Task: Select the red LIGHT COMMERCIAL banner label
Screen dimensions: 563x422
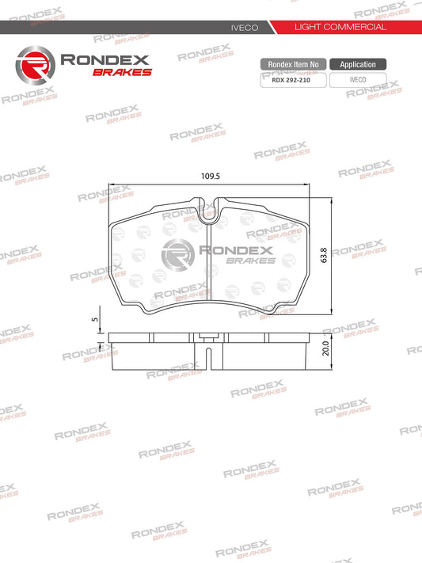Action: (340, 27)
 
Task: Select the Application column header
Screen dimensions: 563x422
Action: (358, 64)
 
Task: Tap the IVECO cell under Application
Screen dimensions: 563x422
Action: (358, 79)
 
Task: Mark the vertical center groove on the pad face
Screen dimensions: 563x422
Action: (207, 269)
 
